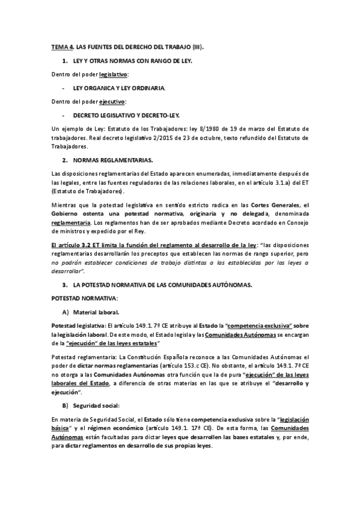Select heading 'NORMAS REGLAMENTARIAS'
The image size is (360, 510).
(x=112, y=161)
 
